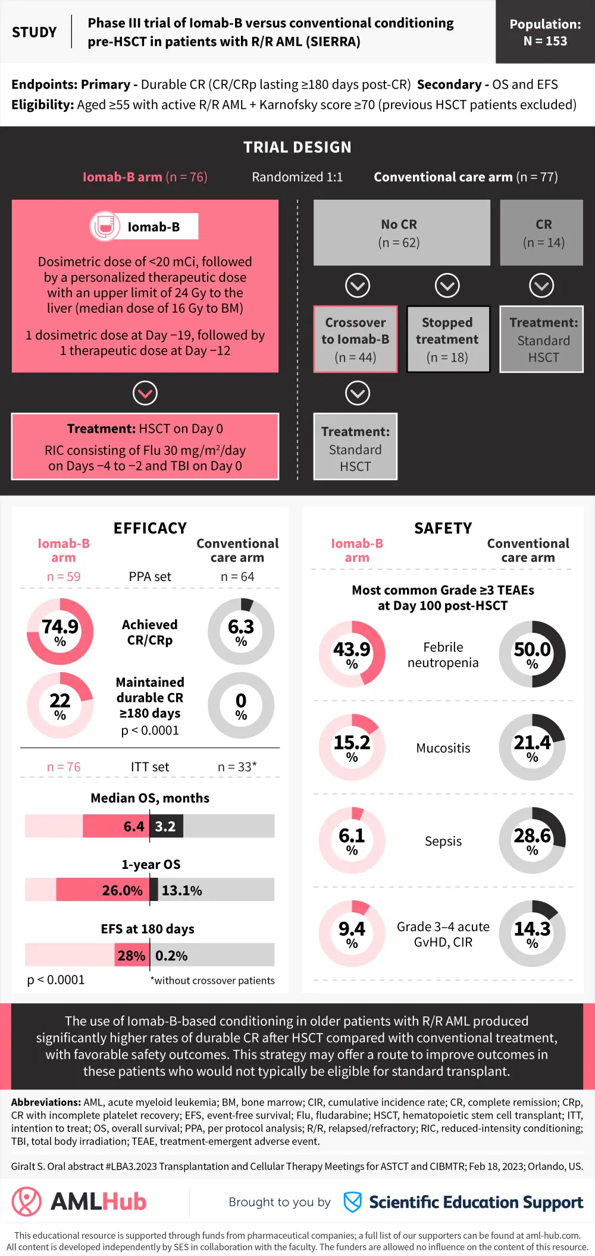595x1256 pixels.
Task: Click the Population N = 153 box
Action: (545, 32)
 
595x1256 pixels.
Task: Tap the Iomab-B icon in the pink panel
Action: (105, 227)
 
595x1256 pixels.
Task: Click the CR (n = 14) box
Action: (541, 233)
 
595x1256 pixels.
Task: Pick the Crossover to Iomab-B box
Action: (355, 340)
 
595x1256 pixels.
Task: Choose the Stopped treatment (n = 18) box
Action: (447, 340)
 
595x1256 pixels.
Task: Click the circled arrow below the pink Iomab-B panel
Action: (145, 393)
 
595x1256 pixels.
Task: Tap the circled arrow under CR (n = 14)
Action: (541, 286)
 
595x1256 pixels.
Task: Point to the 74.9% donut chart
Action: (60, 632)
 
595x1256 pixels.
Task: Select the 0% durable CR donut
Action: (241, 705)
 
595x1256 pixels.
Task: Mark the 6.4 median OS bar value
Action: (134, 827)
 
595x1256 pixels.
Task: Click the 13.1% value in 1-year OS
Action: (182, 891)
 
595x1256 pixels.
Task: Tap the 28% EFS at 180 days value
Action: (131, 956)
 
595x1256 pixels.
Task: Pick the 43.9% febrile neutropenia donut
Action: (352, 654)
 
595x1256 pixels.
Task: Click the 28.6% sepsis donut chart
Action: (532, 840)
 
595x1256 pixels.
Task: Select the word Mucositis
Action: (443, 748)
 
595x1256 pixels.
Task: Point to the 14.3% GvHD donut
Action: (532, 933)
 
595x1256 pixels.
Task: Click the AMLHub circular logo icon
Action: (27, 1202)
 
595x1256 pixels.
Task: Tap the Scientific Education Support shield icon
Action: (353, 1202)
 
